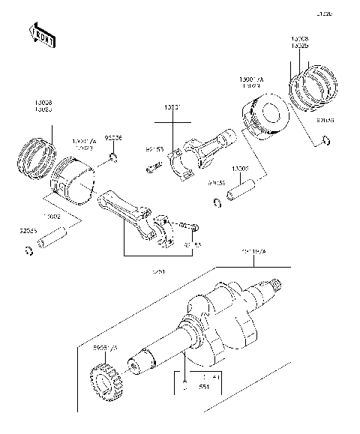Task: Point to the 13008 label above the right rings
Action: (300, 38)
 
